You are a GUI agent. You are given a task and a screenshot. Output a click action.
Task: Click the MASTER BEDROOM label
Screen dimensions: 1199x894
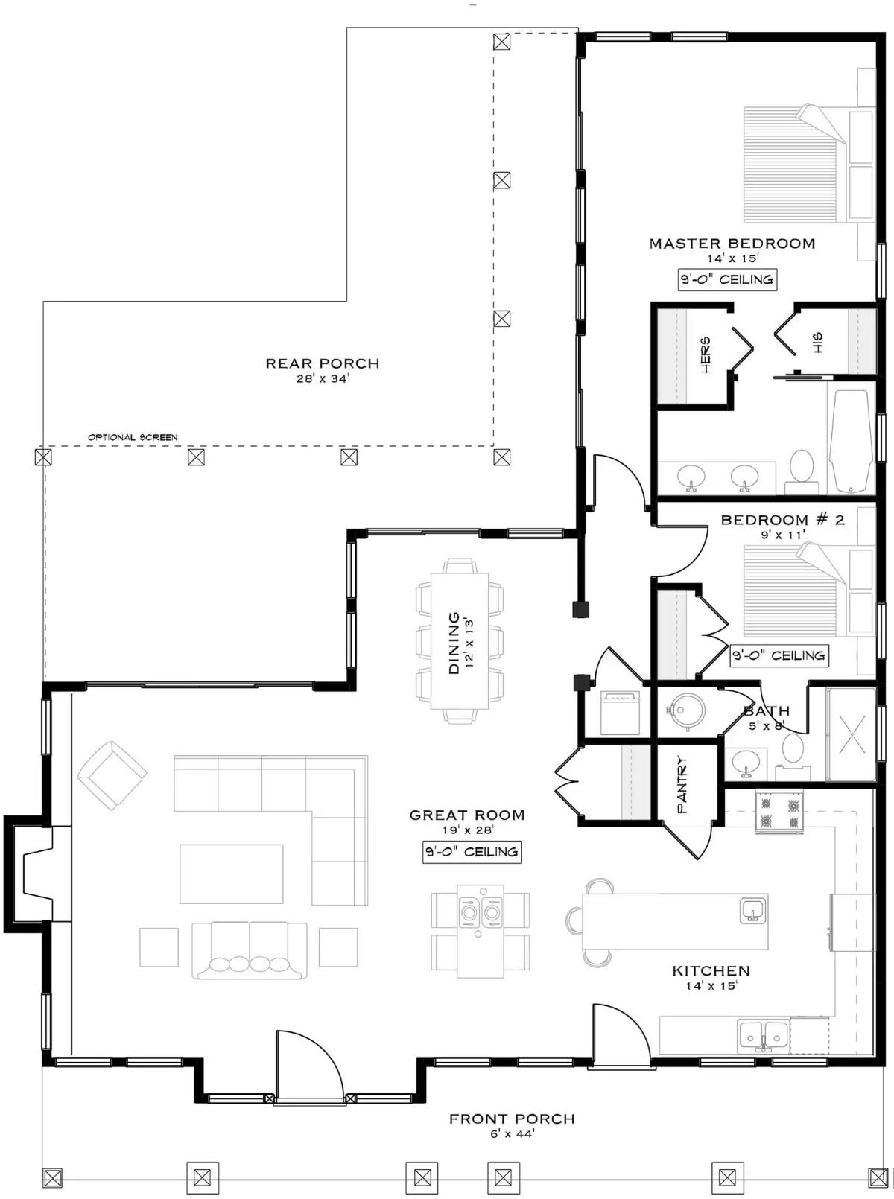point(732,244)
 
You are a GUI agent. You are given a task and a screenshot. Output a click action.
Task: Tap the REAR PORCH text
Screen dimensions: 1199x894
point(323,363)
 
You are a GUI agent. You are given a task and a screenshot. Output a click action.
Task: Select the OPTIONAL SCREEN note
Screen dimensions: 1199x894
point(133,437)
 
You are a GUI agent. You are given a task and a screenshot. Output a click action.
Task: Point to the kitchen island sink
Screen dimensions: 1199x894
point(752,910)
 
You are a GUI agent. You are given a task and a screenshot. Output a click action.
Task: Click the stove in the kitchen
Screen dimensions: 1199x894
point(779,812)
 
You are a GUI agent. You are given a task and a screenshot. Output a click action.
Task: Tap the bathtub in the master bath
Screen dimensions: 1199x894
point(851,442)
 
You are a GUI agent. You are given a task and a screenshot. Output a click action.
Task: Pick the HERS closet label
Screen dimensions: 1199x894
point(705,354)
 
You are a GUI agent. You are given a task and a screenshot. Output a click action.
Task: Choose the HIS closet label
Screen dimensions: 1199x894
point(818,343)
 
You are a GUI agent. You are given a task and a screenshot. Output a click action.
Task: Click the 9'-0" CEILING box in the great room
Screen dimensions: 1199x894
point(472,852)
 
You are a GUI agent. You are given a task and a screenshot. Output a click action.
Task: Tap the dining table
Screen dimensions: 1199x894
point(460,640)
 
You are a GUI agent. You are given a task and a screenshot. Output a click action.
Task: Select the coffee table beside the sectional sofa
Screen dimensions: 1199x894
point(231,874)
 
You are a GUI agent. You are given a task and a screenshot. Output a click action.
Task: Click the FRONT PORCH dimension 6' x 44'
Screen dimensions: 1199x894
point(512,1134)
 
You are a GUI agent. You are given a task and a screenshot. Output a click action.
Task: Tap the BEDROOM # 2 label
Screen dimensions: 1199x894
point(782,520)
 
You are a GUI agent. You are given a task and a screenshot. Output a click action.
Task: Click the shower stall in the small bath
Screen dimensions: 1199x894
point(852,734)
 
